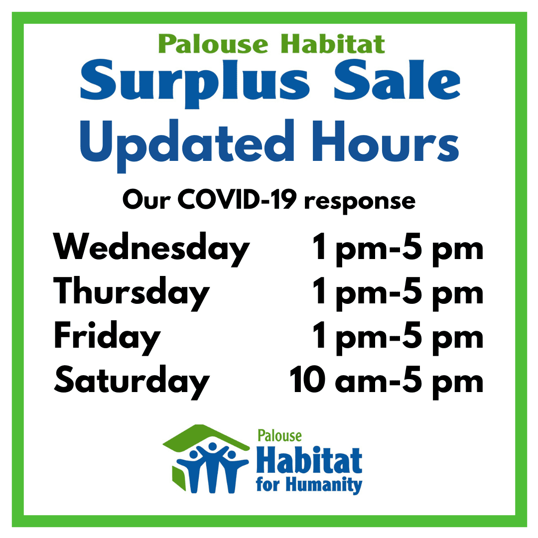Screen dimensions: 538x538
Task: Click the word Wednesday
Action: (151, 249)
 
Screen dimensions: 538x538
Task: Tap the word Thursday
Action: (132, 293)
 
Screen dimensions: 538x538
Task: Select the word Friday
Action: (107, 338)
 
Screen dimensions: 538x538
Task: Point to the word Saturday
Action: (132, 382)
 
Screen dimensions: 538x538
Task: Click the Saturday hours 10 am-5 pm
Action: (387, 382)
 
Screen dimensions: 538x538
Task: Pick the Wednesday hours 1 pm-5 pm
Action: (398, 249)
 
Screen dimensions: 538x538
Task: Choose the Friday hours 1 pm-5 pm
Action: (398, 338)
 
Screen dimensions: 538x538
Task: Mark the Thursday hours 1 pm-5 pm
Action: (398, 293)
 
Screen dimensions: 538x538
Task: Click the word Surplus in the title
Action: (195, 83)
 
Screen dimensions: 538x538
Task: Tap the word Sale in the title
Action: (397, 80)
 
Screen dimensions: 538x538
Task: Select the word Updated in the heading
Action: (187, 145)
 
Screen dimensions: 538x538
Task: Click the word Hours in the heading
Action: (385, 141)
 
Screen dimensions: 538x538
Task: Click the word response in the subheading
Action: (360, 202)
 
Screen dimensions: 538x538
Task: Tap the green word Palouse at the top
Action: (213, 44)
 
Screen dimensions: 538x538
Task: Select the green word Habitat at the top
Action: (332, 44)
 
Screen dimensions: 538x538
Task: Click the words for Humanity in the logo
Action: (309, 485)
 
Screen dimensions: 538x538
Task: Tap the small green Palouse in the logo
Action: (279, 436)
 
